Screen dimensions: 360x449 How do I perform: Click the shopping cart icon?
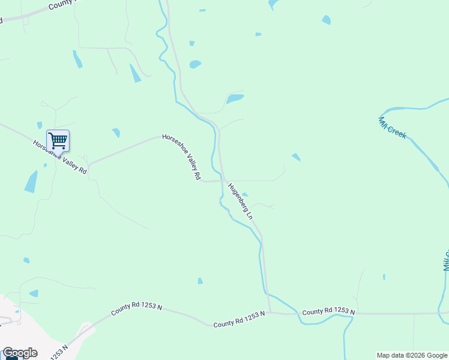58,140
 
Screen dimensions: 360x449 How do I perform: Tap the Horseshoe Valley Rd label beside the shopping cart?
60,157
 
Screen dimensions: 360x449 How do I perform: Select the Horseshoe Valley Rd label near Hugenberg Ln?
181,157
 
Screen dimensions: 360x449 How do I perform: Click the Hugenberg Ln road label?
241,200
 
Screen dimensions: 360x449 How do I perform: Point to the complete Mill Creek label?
393,127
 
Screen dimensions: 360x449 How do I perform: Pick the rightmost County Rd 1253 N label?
328,312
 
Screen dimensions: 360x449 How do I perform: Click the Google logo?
20,353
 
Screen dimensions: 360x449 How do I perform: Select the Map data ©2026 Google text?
412,355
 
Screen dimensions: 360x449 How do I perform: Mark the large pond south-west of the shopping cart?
31,182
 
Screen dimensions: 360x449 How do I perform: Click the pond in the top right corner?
326,20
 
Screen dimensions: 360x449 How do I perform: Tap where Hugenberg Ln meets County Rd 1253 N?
269,312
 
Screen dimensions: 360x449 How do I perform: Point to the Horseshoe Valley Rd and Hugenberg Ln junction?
225,179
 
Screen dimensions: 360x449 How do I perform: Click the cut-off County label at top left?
63,5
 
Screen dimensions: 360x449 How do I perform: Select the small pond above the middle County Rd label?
200,281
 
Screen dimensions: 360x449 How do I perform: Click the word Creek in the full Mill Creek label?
397,131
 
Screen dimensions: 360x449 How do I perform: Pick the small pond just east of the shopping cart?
116,132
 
